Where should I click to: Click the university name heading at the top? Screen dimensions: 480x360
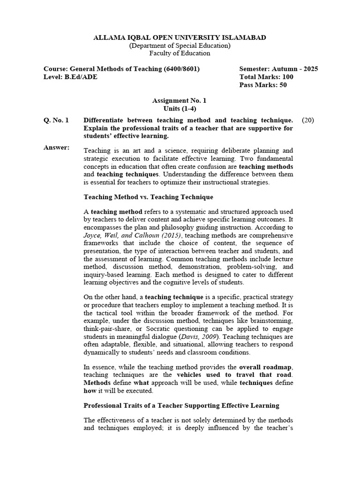coord(180,37)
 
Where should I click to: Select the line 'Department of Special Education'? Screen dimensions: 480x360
coord(180,45)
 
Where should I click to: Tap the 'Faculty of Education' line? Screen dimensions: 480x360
coord(180,53)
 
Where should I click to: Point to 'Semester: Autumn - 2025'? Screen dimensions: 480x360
coord(278,69)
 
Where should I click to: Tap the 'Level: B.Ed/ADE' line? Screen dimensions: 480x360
coord(70,77)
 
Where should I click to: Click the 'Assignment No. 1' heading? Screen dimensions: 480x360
coord(180,100)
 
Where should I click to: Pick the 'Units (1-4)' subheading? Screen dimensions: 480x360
coord(180,108)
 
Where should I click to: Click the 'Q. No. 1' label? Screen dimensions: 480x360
coord(56,120)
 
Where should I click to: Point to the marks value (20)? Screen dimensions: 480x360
coord(308,120)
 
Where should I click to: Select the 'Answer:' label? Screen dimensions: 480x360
coord(56,148)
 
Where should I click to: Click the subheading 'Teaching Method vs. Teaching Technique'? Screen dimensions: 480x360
coord(148,197)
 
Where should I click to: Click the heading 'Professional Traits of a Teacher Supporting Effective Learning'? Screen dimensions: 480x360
coord(181,405)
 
